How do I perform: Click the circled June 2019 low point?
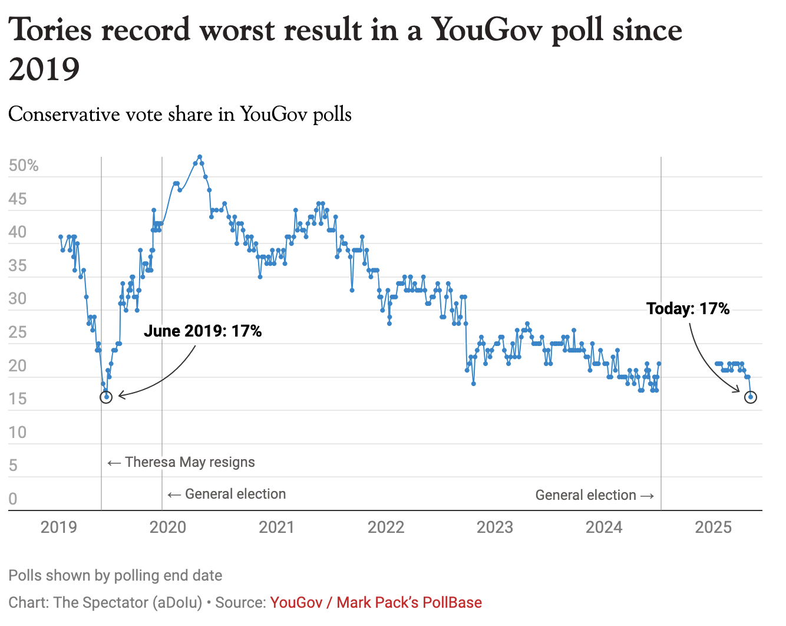(x=106, y=397)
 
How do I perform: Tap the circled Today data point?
(x=750, y=397)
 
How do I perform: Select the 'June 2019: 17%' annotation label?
(x=203, y=331)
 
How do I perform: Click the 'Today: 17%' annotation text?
(x=688, y=308)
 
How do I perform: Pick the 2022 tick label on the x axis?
(x=386, y=527)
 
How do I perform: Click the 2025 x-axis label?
(x=713, y=527)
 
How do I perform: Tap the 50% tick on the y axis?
(x=24, y=166)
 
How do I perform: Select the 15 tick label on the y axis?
(x=18, y=399)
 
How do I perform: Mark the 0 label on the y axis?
(x=13, y=499)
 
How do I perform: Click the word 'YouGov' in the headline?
(x=487, y=29)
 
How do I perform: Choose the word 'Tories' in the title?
(x=51, y=29)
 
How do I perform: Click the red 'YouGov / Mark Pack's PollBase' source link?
(x=376, y=602)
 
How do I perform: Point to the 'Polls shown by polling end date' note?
(x=115, y=575)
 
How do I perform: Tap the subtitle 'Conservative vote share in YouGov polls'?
(x=180, y=114)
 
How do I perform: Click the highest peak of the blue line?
(x=200, y=157)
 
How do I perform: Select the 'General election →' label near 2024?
(x=595, y=495)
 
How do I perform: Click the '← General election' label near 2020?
(x=227, y=494)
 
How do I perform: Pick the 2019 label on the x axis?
(x=59, y=527)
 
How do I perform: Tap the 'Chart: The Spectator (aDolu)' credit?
(x=105, y=602)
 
